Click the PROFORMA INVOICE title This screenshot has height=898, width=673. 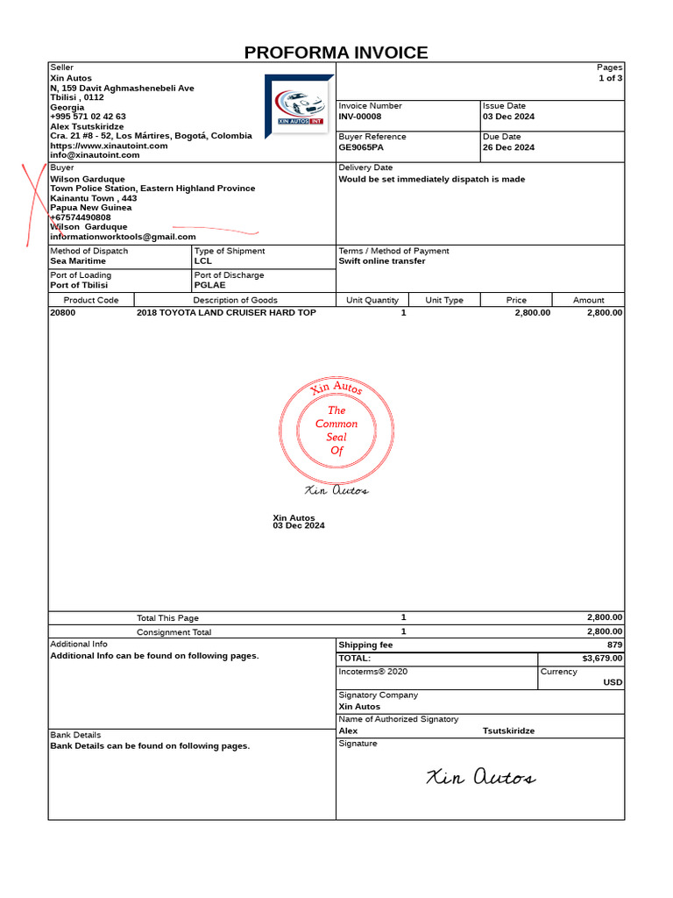336,53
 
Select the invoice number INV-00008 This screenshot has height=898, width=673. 360,117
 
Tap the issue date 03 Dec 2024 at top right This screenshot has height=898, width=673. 508,117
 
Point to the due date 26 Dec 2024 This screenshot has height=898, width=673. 508,147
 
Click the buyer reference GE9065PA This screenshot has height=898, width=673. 361,147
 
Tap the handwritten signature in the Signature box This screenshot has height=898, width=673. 480,777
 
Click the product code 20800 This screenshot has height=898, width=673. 62,312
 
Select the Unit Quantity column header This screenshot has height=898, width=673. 372,300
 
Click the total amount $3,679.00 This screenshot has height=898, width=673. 601,658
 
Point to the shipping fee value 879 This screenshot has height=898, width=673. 614,645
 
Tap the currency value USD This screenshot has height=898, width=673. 613,681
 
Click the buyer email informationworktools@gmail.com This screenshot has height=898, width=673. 123,237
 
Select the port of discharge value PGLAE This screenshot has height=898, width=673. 209,285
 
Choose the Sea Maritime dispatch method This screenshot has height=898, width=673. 78,260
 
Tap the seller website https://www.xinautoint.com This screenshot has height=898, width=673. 109,146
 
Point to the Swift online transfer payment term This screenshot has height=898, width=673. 382,260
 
